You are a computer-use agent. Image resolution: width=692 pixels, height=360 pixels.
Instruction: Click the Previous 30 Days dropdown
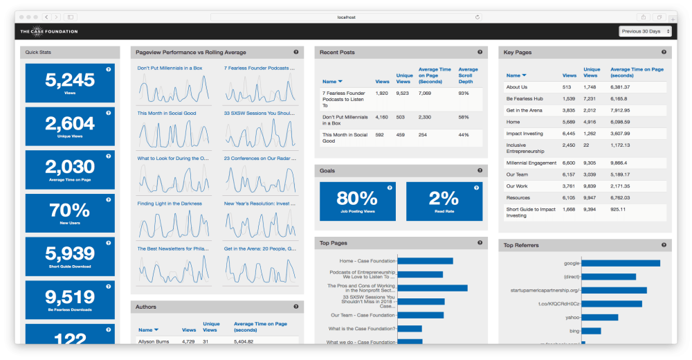point(646,31)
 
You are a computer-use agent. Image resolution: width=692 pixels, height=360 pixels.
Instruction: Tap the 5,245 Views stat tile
point(70,83)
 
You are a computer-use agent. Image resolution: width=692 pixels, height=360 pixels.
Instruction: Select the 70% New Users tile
point(70,213)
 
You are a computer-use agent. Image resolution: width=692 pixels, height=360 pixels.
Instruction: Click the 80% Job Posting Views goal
point(357,201)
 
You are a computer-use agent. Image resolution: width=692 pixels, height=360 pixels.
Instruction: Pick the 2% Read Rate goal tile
point(444,201)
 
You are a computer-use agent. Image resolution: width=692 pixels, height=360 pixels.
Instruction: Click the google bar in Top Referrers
point(621,263)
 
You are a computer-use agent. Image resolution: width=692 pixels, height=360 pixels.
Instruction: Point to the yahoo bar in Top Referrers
point(601,317)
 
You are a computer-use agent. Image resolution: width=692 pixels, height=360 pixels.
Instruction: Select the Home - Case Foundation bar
point(426,261)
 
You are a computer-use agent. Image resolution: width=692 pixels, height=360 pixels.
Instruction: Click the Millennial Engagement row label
point(531,163)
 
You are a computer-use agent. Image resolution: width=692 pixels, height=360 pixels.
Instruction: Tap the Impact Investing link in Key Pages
point(525,134)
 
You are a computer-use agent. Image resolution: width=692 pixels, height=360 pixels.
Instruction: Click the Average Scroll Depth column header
point(468,75)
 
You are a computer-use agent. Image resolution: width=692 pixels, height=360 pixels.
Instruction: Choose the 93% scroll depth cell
point(464,93)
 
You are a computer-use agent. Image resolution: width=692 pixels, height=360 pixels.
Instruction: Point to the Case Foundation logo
point(48,31)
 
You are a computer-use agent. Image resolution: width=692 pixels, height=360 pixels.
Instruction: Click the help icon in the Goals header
point(480,170)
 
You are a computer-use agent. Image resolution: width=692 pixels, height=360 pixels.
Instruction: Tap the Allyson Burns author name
point(153,341)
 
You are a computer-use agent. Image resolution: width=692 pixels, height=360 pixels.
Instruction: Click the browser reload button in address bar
point(477,17)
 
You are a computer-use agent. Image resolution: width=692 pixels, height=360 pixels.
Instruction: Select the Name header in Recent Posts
point(332,82)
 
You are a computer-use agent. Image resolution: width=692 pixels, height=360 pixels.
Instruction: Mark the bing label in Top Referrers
point(574,330)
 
